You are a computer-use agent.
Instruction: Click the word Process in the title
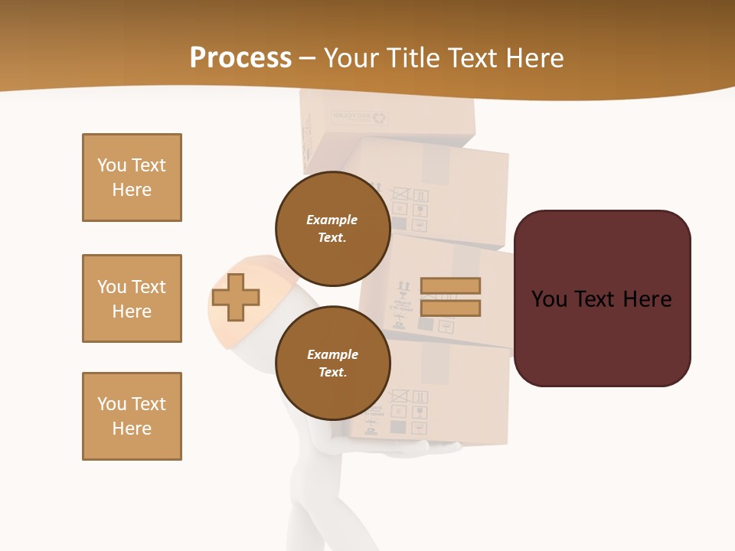[240, 58]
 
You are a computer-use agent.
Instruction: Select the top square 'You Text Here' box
[132, 178]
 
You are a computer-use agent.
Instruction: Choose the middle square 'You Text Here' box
[132, 298]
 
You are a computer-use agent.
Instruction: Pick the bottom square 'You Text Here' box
[132, 416]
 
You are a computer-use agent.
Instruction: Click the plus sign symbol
[236, 296]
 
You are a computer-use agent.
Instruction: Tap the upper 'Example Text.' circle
[332, 228]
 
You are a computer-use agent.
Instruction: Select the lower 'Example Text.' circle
[332, 363]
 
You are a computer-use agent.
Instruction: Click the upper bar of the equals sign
[450, 285]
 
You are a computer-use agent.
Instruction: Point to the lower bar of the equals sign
[450, 308]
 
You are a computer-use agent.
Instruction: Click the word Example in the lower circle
[332, 354]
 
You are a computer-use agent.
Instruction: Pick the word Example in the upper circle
[332, 220]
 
